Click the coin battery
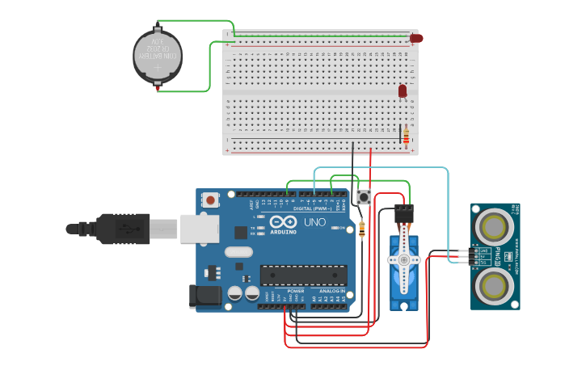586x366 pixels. (x=157, y=56)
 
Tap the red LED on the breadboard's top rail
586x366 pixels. (x=415, y=38)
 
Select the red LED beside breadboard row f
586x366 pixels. (x=403, y=91)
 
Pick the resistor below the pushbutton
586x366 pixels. (x=361, y=229)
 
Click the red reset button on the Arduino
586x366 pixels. (x=211, y=199)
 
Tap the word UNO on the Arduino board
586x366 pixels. (x=314, y=222)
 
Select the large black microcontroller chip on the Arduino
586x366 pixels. (x=303, y=275)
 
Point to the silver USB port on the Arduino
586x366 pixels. (x=198, y=229)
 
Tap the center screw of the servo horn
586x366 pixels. (x=403, y=260)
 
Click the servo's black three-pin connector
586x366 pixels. (x=404, y=214)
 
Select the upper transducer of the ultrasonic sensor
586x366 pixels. (x=491, y=224)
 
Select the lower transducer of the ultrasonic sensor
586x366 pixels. (x=491, y=285)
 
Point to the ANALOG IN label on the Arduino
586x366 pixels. (x=331, y=291)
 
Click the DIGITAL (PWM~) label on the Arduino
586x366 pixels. (x=312, y=208)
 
